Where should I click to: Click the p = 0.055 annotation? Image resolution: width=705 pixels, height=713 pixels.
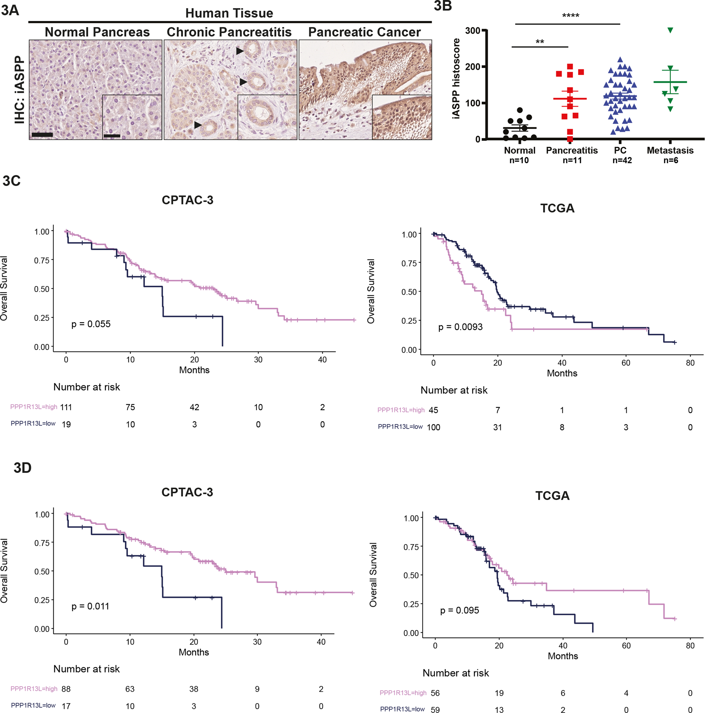click(x=91, y=324)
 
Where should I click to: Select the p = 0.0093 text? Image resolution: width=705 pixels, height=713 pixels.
click(x=460, y=327)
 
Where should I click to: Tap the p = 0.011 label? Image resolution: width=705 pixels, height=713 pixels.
click(x=90, y=606)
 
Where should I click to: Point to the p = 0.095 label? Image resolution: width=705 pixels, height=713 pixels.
click(x=459, y=610)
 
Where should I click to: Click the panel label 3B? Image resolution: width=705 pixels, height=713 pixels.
click(x=443, y=6)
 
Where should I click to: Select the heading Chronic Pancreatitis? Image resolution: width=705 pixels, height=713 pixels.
click(x=229, y=32)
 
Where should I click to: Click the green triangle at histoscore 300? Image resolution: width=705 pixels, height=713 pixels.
click(x=670, y=30)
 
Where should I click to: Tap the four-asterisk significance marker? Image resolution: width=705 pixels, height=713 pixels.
click(x=570, y=16)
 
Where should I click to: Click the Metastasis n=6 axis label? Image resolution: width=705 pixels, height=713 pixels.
click(x=670, y=155)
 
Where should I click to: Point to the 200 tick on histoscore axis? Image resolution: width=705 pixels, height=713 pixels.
click(x=472, y=67)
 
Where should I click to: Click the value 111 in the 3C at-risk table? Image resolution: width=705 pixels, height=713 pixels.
click(x=66, y=407)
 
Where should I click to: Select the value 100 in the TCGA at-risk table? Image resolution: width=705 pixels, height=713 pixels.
click(x=433, y=427)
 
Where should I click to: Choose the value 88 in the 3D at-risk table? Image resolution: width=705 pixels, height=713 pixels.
click(x=66, y=689)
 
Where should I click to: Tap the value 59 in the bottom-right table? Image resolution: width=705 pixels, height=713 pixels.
click(x=435, y=709)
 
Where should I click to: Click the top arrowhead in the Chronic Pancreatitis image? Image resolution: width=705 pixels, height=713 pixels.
click(x=240, y=51)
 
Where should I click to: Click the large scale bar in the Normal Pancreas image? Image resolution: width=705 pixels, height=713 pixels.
click(x=42, y=135)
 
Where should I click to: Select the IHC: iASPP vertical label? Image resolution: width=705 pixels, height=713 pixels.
click(x=19, y=90)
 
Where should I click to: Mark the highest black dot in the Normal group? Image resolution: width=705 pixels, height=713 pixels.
click(x=520, y=110)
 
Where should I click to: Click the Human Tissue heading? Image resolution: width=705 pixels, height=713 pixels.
click(x=229, y=13)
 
